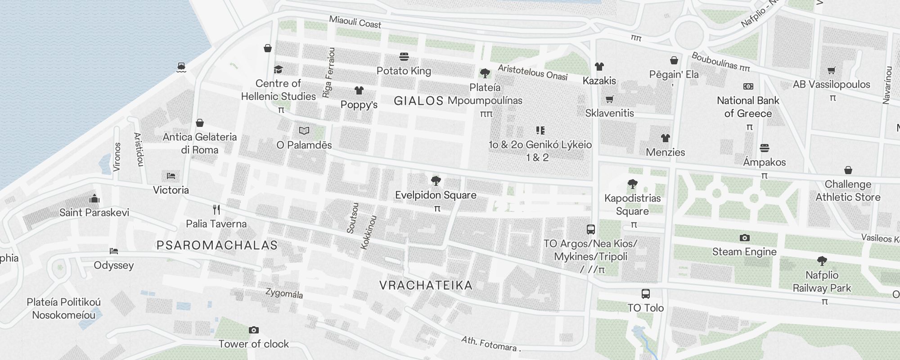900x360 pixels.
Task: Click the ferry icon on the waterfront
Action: (181, 67)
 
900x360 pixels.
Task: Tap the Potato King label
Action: (404, 71)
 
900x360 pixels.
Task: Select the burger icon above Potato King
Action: (404, 57)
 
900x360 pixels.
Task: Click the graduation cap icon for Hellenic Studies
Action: (278, 69)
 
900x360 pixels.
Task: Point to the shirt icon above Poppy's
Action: (359, 90)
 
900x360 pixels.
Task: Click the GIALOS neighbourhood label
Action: (418, 101)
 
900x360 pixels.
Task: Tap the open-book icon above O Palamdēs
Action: (304, 131)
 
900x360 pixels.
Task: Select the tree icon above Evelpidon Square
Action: (436, 181)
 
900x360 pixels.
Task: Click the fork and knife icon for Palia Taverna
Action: (216, 210)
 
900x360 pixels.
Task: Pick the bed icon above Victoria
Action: (171, 176)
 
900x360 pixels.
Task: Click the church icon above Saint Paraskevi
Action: (94, 198)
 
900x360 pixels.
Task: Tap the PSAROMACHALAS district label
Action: (217, 245)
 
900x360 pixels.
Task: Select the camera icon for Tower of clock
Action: (253, 330)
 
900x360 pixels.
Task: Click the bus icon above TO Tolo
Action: (645, 294)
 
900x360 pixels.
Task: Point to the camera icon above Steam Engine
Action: (744, 238)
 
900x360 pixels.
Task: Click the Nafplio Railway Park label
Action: (822, 282)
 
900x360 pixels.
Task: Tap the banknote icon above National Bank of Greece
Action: (748, 86)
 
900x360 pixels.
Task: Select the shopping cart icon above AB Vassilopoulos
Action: (831, 70)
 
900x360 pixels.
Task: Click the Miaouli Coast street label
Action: (355, 22)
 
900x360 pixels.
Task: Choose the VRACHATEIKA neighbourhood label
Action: (426, 285)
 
